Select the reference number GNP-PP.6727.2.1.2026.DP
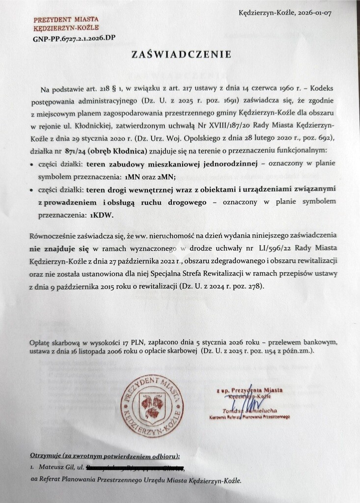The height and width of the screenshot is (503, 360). [75, 37]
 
